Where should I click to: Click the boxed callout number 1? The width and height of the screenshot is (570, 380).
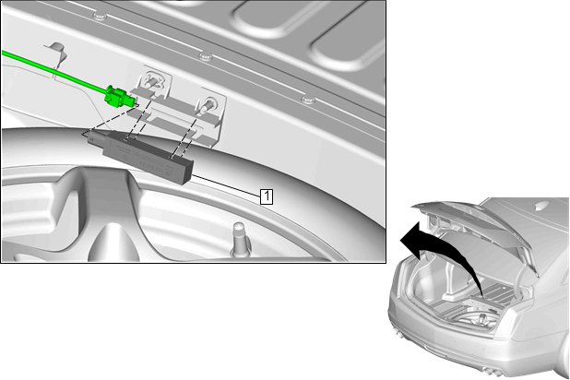[x=267, y=196]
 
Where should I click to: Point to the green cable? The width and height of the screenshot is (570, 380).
[x=54, y=71]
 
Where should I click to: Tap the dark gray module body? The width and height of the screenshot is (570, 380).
[x=146, y=155]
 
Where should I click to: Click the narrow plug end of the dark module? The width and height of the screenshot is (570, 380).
[x=95, y=138]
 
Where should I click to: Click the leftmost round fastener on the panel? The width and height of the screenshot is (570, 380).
[x=100, y=16]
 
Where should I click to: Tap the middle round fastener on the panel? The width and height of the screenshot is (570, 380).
[x=206, y=55]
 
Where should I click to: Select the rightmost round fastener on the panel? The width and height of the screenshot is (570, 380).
[x=308, y=99]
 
